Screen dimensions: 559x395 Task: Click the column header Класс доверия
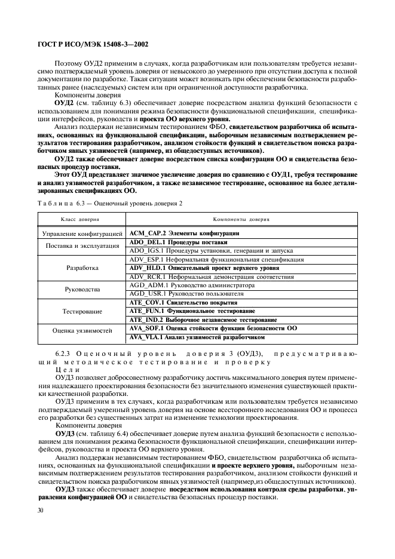[x=82, y=220]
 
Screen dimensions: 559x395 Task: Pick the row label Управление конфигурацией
[x=83, y=234]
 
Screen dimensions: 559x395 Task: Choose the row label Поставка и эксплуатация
[x=83, y=247]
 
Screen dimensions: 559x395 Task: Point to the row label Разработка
[x=83, y=269]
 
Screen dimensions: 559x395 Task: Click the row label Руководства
[x=83, y=290]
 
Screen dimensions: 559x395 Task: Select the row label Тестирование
[x=83, y=312]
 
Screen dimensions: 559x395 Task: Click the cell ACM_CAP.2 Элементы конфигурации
[x=185, y=233]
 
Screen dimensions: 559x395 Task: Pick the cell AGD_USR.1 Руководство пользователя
[x=186, y=294]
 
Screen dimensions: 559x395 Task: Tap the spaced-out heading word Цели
[x=65, y=370]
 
